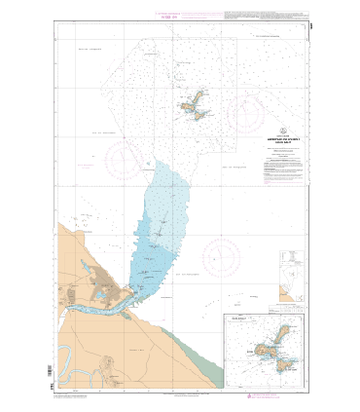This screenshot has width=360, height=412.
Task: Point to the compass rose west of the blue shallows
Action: coord(120,160)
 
